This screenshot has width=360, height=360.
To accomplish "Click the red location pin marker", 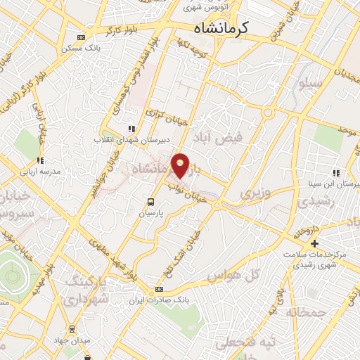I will (x=181, y=165).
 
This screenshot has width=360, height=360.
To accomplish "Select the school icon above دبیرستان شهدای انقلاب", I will (x=131, y=129).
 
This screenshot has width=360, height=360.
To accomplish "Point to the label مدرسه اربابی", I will (x=41, y=171).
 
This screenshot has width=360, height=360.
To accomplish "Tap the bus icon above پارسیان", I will (x=149, y=201).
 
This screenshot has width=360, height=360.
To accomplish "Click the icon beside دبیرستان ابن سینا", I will (x=337, y=173).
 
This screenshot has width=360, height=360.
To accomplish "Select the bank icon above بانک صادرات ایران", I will (x=160, y=290).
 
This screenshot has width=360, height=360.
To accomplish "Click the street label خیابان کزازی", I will (x=167, y=116).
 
